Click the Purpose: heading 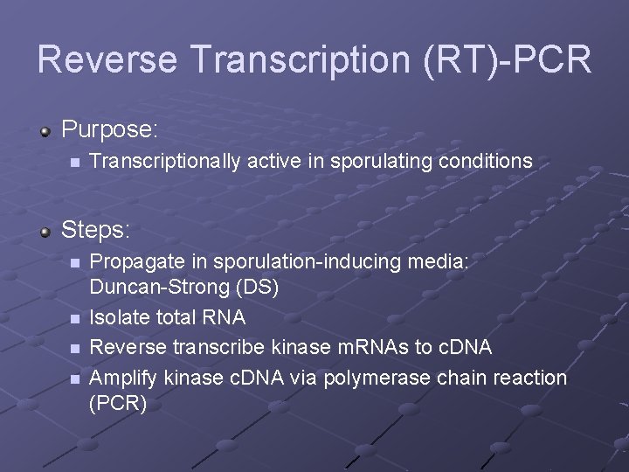pos(110,130)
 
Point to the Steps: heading pos(96,230)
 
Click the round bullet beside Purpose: pos(46,131)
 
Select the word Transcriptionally pos(165,162)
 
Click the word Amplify pos(121,378)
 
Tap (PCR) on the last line pos(119,403)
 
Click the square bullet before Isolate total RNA pos(76,318)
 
